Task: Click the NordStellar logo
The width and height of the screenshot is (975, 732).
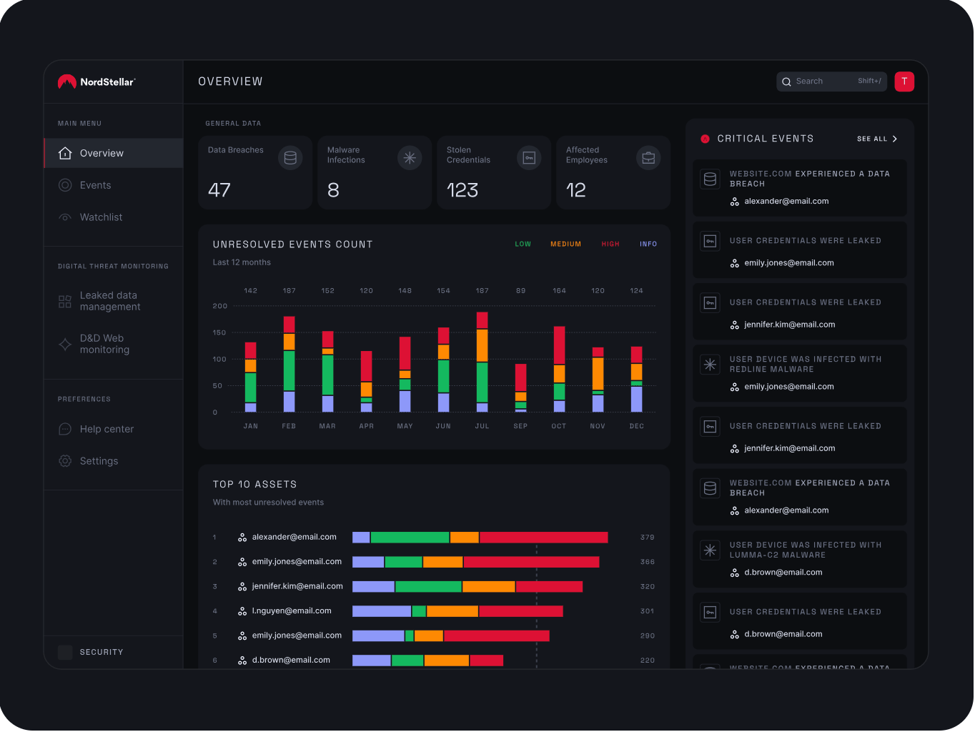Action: click(x=96, y=82)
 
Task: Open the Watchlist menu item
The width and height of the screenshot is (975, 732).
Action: click(x=101, y=217)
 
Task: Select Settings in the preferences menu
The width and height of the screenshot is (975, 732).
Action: click(x=99, y=461)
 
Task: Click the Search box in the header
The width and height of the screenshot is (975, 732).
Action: click(x=822, y=81)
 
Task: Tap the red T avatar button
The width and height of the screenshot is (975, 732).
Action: click(x=904, y=81)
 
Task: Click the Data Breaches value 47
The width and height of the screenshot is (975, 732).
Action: click(x=219, y=190)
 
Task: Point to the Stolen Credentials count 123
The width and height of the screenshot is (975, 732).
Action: click(x=462, y=190)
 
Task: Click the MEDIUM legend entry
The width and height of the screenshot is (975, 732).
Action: click(x=565, y=244)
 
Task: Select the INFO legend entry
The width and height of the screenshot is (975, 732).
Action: click(x=648, y=244)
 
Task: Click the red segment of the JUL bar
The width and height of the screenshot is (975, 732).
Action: click(x=482, y=320)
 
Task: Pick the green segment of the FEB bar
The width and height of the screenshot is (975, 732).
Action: click(x=289, y=370)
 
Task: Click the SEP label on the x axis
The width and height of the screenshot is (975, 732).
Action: click(x=520, y=426)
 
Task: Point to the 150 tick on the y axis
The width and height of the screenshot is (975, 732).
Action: click(x=219, y=333)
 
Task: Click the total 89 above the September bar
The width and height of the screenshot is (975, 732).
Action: click(x=520, y=291)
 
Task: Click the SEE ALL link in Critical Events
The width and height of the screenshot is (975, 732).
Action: click(x=876, y=139)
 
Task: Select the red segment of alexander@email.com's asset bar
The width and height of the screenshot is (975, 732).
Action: click(x=543, y=538)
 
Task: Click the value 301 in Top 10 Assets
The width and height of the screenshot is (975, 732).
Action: click(x=647, y=611)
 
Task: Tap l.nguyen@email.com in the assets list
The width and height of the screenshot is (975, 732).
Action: click(x=292, y=611)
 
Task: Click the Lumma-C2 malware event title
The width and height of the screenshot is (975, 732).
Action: click(x=805, y=550)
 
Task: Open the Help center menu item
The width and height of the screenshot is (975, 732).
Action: click(x=107, y=429)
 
